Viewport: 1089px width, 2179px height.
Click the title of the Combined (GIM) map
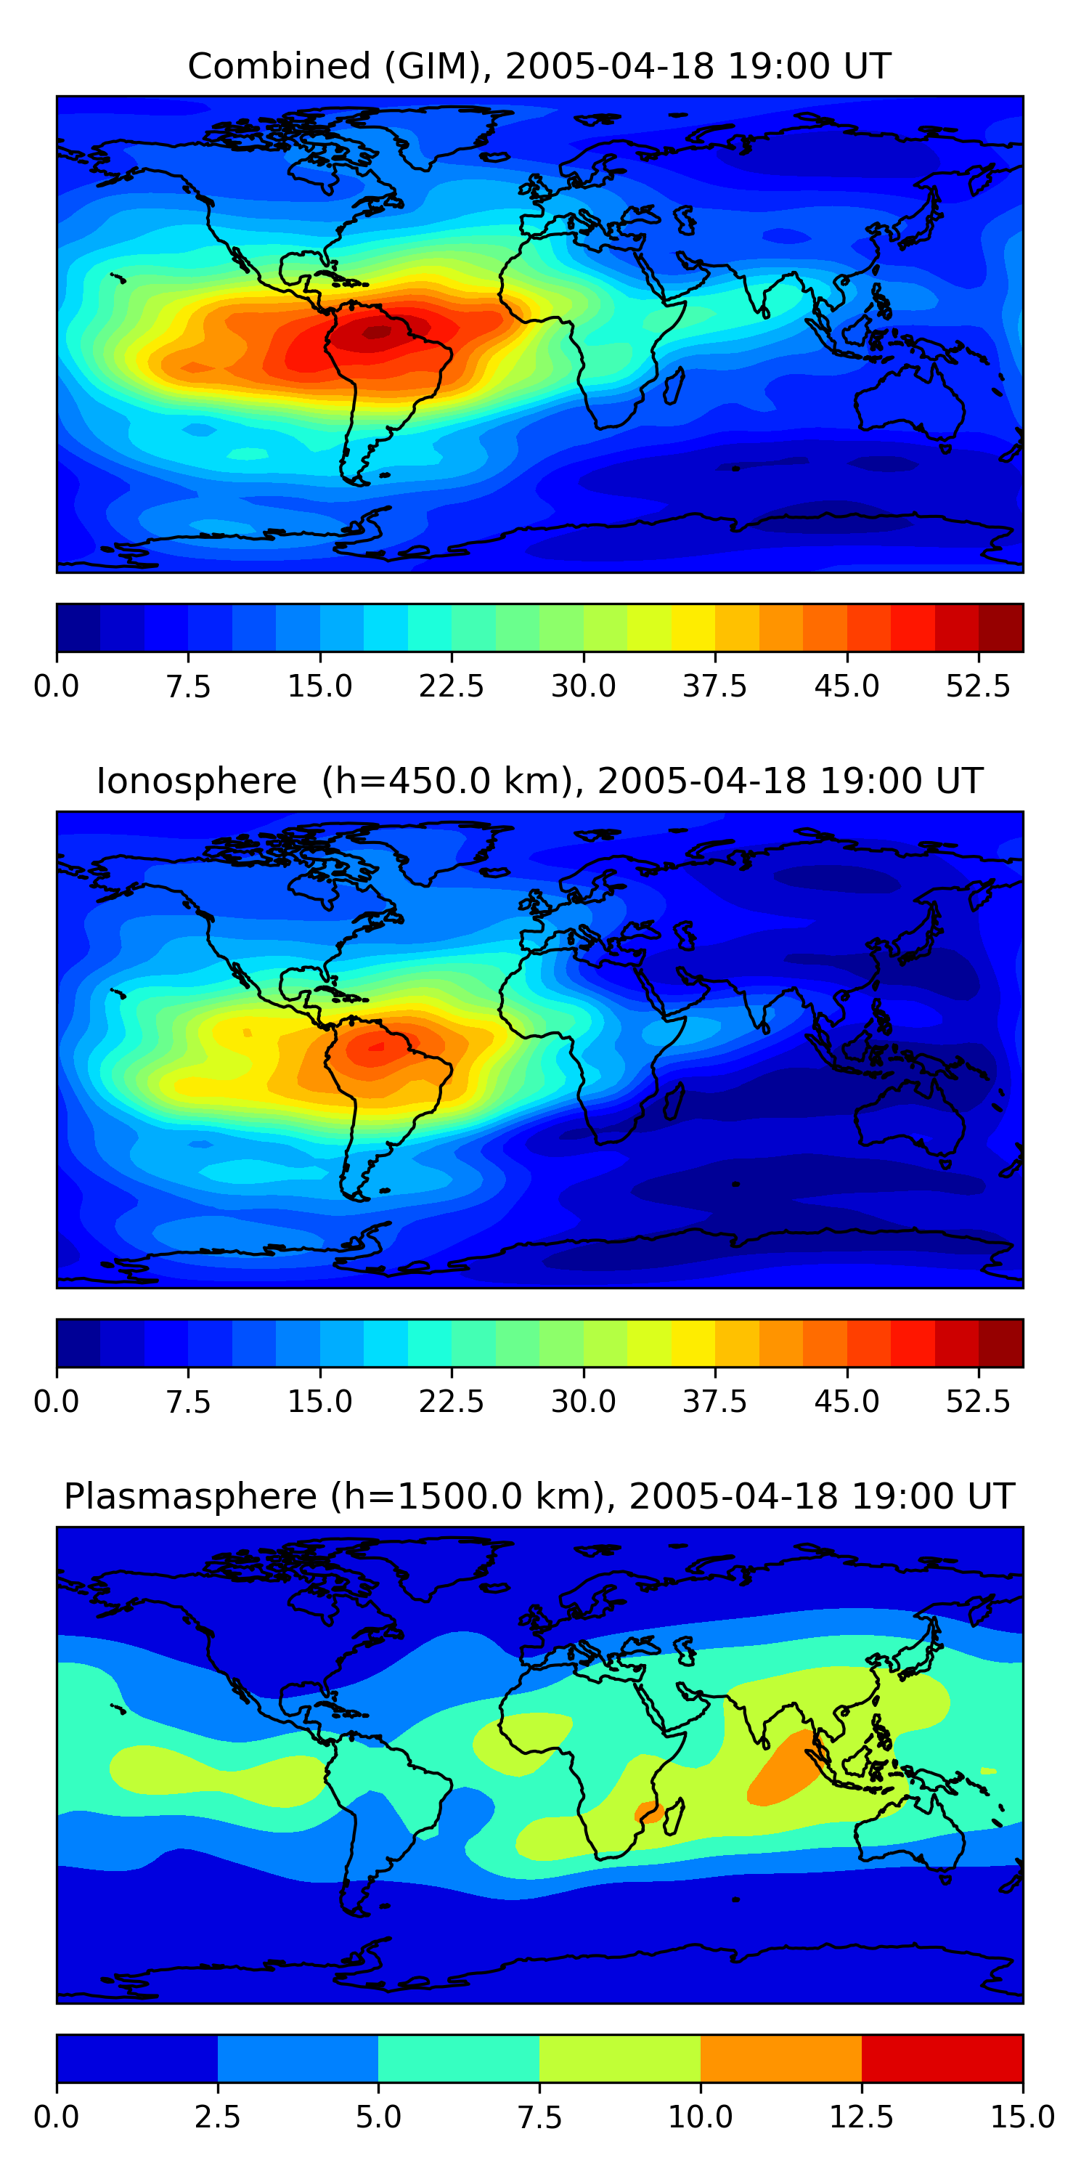(539, 66)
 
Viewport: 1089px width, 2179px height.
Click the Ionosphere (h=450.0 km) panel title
(539, 781)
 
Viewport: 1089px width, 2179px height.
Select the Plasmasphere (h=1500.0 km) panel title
(539, 1496)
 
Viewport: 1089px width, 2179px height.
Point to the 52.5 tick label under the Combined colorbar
(978, 686)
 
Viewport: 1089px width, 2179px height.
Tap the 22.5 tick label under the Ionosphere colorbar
(452, 1402)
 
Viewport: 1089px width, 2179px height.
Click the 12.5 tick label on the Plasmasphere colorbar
(862, 2117)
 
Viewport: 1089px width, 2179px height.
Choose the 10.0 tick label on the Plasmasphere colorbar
(700, 2117)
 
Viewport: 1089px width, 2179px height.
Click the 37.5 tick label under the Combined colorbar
(714, 686)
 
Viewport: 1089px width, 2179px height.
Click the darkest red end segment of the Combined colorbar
(1001, 628)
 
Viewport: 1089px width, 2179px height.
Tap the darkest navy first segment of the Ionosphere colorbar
(78, 1343)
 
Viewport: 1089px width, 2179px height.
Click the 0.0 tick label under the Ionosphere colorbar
(56, 1402)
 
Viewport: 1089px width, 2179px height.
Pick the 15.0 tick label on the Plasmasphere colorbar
(1022, 2117)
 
